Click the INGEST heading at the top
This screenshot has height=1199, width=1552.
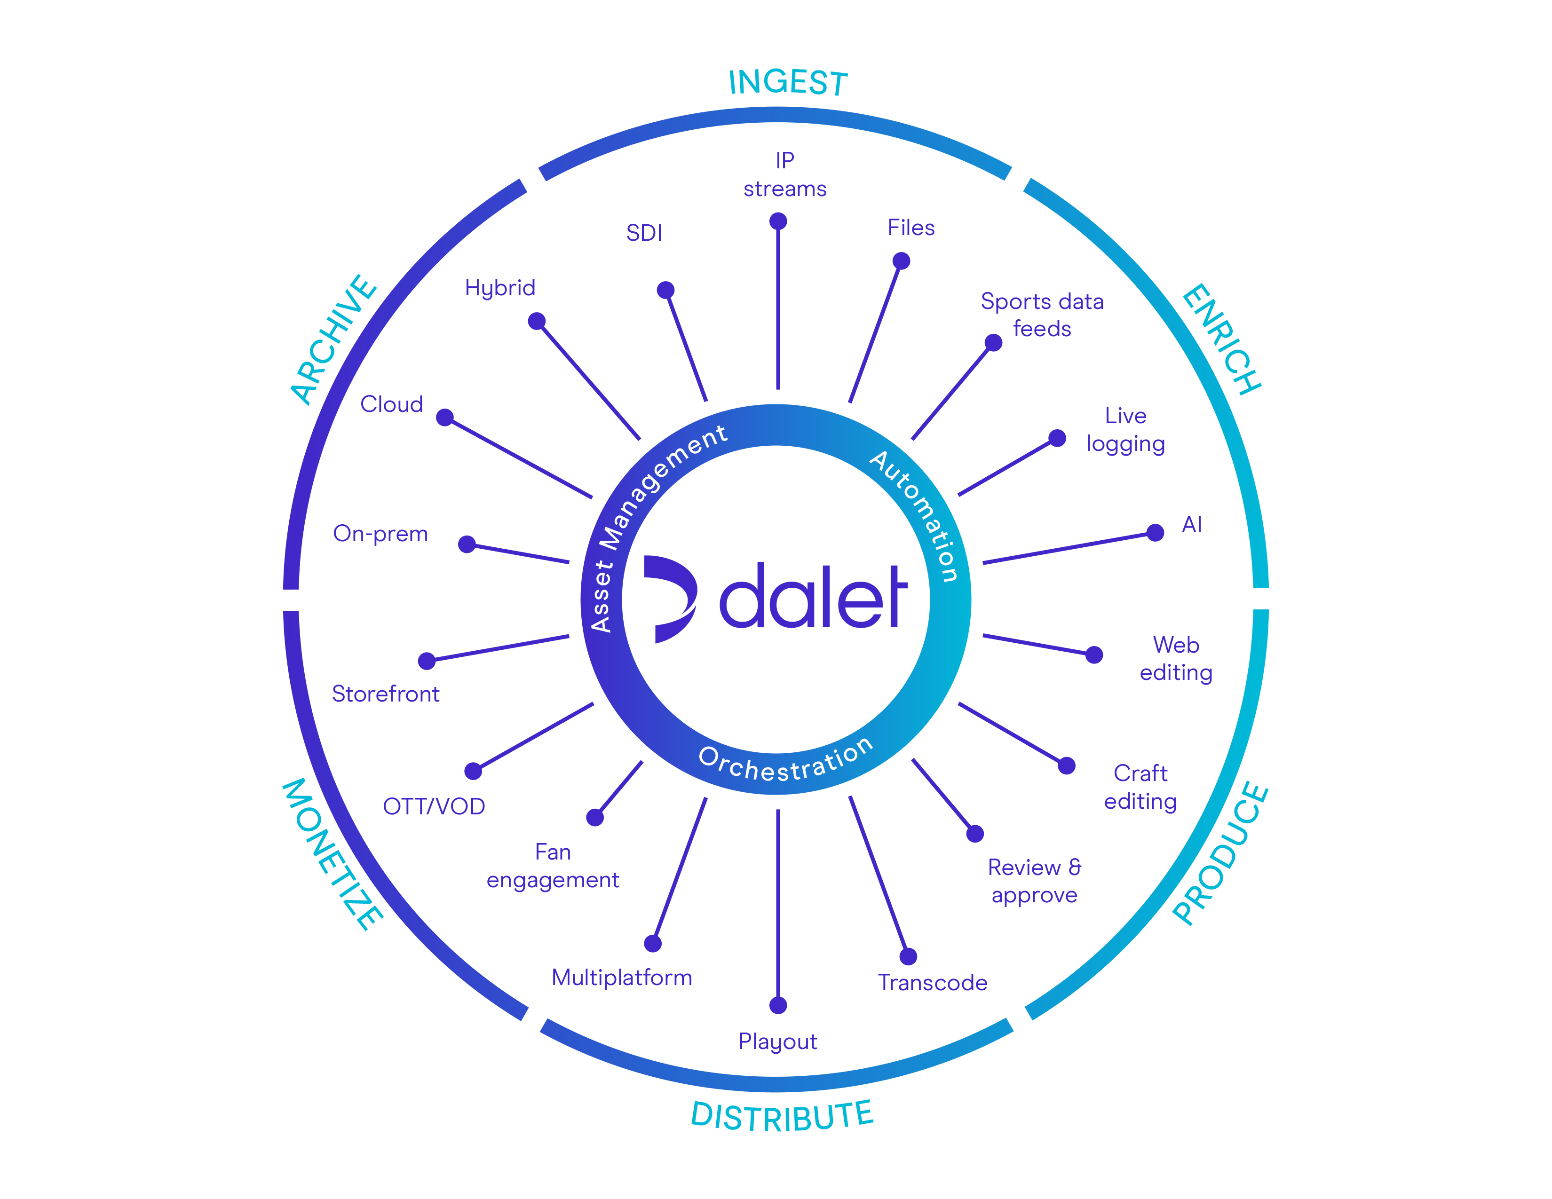pos(788,83)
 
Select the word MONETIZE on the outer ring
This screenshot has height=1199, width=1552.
pos(333,853)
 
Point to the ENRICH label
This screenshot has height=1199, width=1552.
pos(1221,339)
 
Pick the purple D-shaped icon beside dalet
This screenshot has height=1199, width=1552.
pos(669,598)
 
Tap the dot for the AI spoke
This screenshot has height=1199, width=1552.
pos(1156,533)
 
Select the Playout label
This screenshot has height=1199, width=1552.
pos(778,1041)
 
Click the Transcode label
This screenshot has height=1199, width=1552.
pos(932,982)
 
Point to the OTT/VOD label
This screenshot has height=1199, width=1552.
pos(434,806)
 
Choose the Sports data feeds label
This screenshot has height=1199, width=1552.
pos(1042,315)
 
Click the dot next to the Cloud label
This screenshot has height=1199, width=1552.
pos(445,417)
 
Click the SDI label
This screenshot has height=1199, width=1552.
pos(644,233)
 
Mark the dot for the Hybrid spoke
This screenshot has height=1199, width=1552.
pos(537,321)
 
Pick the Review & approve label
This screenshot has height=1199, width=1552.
pos(1034,881)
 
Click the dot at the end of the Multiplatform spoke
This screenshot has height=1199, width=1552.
pos(653,943)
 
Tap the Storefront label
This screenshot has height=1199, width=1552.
pos(385,694)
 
